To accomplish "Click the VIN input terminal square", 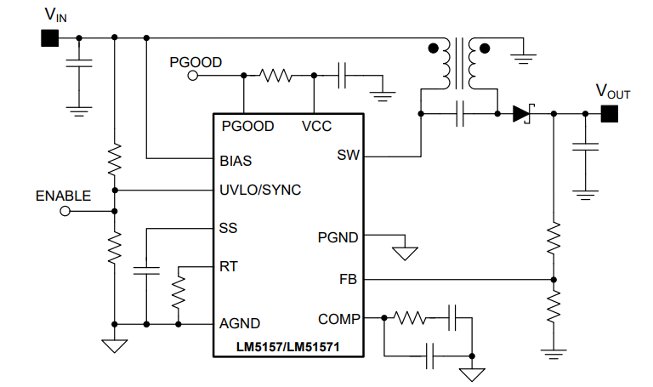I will coord(48,37).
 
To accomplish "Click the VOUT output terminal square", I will coord(609,114).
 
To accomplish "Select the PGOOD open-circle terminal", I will coord(192,76).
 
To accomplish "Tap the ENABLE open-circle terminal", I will coord(65,211).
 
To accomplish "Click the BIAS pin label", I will coord(236,160).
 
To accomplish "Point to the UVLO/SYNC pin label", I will coord(260,190).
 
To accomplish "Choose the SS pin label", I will coord(228,228).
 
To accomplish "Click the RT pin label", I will coord(228,266).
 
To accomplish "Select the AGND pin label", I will coord(240,323).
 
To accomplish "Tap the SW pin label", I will coord(349,155).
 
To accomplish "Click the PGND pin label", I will coord(338,237).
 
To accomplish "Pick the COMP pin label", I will coord(338,319).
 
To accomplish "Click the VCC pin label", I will coord(316,127).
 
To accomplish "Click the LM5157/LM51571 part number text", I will coord(289,346).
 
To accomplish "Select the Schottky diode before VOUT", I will coord(521,114).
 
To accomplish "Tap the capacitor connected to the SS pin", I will coord(146,271).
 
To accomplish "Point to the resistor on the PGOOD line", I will coord(276,76).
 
